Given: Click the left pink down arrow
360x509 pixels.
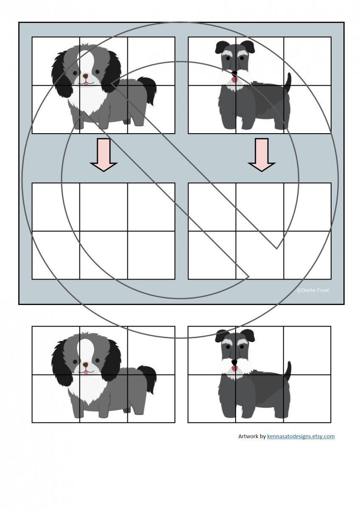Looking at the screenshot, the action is pos(104,154).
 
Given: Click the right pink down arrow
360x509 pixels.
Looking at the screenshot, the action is pos(262,154).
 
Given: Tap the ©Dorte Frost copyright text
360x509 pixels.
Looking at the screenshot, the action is pos(313,290).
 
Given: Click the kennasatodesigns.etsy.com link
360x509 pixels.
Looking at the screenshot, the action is pos(301,436).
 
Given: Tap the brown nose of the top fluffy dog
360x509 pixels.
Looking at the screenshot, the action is pos(85,76).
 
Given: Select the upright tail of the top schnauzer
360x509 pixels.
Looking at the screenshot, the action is pos(288,83).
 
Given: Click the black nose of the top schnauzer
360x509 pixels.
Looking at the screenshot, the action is pos(234,73).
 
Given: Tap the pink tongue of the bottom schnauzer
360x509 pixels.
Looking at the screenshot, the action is pos(234,368).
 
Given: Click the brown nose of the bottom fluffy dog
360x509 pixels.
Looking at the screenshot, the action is pos(85,364).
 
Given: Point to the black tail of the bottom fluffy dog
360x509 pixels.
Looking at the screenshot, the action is pos(148,380).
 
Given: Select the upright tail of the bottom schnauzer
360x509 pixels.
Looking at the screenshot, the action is pos(288,372).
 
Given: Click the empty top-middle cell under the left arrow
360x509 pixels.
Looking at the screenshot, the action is pos(104,207).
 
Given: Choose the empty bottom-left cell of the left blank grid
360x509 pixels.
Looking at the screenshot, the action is pos(56,255).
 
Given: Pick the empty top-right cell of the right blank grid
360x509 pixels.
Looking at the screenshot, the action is pos(307,207).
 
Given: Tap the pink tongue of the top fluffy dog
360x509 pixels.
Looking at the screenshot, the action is pos(85,84).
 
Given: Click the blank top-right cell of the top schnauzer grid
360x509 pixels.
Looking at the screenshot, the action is pos(307,61).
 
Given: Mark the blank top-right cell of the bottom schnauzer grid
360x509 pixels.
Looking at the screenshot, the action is pos(307,350).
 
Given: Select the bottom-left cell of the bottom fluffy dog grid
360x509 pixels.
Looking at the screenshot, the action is pos(56,399).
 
